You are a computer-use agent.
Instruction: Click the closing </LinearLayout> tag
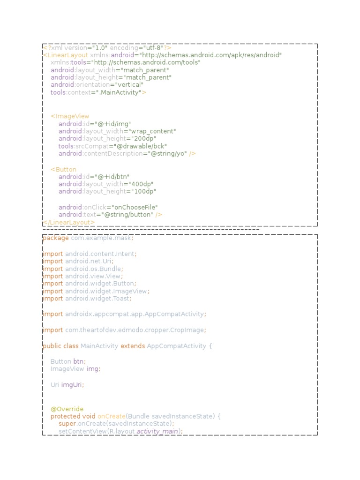[x=69, y=222]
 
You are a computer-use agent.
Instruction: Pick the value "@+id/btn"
[x=111, y=177]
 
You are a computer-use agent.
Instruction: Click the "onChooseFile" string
[x=135, y=207]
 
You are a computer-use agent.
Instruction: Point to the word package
[x=56, y=238]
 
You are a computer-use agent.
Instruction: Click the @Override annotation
[x=67, y=409]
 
